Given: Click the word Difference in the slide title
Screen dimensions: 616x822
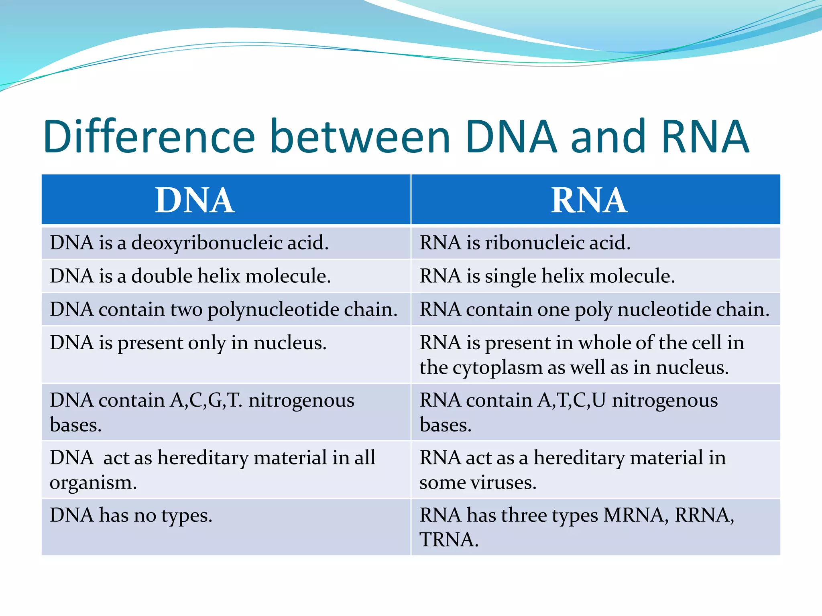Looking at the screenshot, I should (x=149, y=137).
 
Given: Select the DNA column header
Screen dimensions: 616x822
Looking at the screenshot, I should (x=195, y=200).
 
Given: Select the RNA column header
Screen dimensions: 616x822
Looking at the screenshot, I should (x=589, y=200).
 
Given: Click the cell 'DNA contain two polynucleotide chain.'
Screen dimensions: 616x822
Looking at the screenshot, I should (x=224, y=310).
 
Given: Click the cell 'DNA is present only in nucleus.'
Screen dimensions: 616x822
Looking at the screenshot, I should (x=188, y=343).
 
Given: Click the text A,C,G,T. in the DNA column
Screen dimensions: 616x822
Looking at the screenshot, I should (x=206, y=401).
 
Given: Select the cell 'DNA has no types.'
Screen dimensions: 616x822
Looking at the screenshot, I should (x=131, y=515).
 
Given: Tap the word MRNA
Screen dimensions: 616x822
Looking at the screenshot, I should (x=635, y=515).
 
